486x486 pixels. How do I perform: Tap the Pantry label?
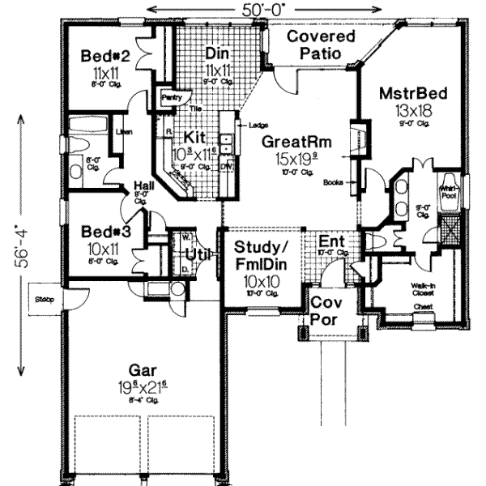[172, 97]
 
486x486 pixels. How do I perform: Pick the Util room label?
[195, 254]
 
